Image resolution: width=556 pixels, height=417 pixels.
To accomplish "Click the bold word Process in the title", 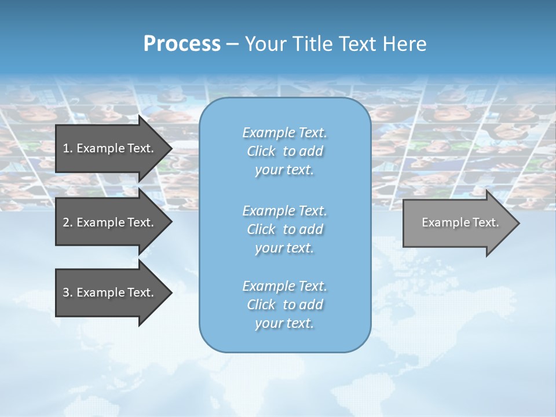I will pyautogui.click(x=182, y=44).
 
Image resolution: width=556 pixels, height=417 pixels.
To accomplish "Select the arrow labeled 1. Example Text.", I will pyautogui.click(x=110, y=148).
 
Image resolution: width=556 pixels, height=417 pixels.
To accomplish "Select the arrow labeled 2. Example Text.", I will pyautogui.click(x=110, y=222).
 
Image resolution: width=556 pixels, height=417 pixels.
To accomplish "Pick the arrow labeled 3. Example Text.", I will pyautogui.click(x=110, y=292).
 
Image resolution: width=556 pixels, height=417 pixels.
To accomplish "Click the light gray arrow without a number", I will pyautogui.click(x=458, y=223).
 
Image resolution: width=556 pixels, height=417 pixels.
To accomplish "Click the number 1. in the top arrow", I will pyautogui.click(x=67, y=148).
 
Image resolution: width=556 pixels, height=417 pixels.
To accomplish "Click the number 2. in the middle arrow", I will pyautogui.click(x=67, y=222).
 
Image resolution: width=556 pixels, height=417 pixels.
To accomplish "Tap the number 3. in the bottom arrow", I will pyautogui.click(x=67, y=292).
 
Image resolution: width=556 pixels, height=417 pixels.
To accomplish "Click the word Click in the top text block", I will pyautogui.click(x=261, y=151).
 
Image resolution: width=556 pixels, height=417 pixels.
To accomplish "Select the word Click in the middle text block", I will pyautogui.click(x=261, y=229).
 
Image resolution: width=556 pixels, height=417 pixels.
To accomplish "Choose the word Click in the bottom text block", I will pyautogui.click(x=261, y=305).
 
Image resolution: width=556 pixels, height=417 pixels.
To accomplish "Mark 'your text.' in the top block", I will pyautogui.click(x=284, y=170).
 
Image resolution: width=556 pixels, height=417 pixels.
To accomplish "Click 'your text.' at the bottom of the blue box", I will pyautogui.click(x=284, y=324).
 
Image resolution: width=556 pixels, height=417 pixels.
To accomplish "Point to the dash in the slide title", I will pyautogui.click(x=232, y=44).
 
